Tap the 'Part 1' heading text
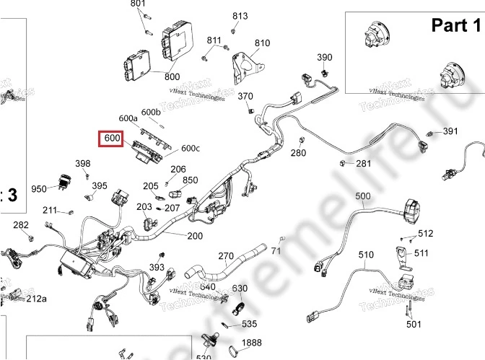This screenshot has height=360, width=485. click(455, 26)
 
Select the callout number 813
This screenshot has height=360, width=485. click(240, 16)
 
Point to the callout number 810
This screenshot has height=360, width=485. click(262, 43)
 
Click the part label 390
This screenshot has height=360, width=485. click(325, 58)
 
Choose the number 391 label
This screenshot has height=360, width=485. click(450, 131)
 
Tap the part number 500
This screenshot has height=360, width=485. click(362, 196)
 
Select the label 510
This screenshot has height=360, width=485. click(366, 255)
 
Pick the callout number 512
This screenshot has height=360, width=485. click(425, 233)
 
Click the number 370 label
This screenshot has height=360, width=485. click(245, 97)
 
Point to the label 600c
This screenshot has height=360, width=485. click(191, 149)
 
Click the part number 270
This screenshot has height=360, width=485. click(226, 256)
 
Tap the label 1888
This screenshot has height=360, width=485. click(251, 343)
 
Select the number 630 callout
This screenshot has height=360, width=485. click(240, 289)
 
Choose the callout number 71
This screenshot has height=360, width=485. click(276, 251)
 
